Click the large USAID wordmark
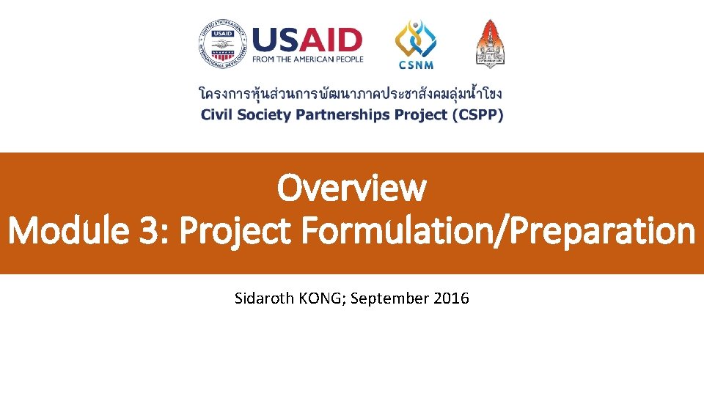307,40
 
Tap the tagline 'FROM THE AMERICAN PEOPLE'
307,59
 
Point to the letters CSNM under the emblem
416,65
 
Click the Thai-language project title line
351,95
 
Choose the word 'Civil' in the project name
216,115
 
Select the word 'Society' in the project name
263,115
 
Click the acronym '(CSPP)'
481,115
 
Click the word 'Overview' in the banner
351,188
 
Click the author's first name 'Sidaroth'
264,298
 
